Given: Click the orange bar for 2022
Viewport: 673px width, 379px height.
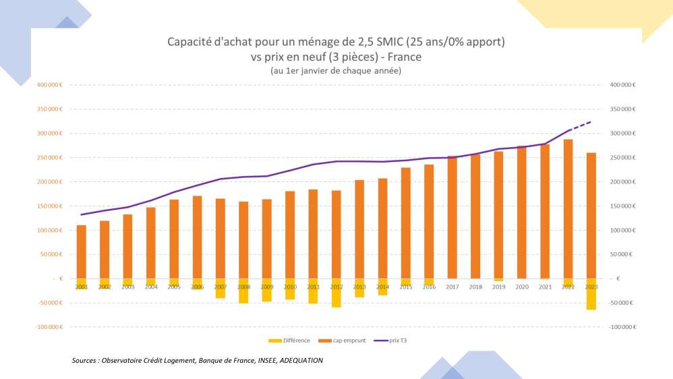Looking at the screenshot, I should [568, 209].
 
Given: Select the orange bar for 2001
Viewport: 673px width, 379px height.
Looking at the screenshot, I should [82, 252].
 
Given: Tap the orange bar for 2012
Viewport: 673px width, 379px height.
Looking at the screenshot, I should [336, 234].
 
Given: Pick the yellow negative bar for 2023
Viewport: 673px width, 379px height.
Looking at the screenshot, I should [591, 294].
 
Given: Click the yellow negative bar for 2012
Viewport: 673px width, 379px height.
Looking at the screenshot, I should [336, 293].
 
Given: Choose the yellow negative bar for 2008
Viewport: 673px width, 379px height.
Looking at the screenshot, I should [243, 291].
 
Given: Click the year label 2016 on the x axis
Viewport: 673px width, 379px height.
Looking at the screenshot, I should [429, 287].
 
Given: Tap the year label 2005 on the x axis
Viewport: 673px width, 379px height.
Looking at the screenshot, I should [174, 287].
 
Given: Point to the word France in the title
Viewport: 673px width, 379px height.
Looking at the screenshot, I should [405, 57].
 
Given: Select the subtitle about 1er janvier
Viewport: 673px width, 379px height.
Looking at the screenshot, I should [336, 70].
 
